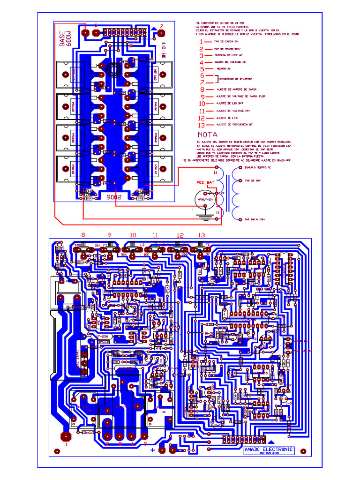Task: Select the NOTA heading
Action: (x=207, y=135)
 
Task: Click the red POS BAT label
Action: (x=205, y=182)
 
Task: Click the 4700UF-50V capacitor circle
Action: (x=205, y=199)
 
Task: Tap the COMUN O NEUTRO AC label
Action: (x=257, y=167)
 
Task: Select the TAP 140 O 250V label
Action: (x=255, y=219)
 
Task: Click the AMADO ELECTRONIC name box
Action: (x=269, y=450)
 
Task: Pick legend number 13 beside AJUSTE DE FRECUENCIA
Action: (x=202, y=125)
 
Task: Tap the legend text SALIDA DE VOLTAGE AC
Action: (x=230, y=62)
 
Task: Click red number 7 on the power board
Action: (x=162, y=26)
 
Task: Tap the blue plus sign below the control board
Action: (x=152, y=450)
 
